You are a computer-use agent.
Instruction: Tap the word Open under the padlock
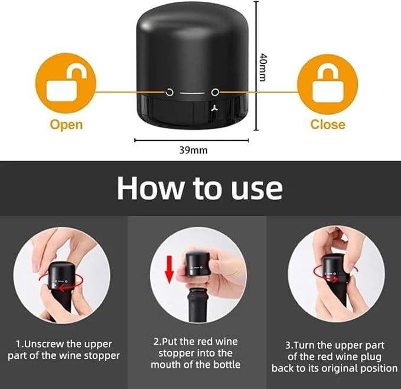(66, 125)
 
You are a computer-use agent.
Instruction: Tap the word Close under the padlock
(328, 125)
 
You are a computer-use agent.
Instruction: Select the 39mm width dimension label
(193, 150)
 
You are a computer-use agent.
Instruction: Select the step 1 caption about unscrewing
(64, 349)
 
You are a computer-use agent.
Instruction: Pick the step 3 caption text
(334, 356)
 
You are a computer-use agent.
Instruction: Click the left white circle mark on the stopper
(169, 92)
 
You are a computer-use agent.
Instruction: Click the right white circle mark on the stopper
(215, 92)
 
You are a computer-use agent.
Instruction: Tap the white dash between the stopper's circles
(192, 93)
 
